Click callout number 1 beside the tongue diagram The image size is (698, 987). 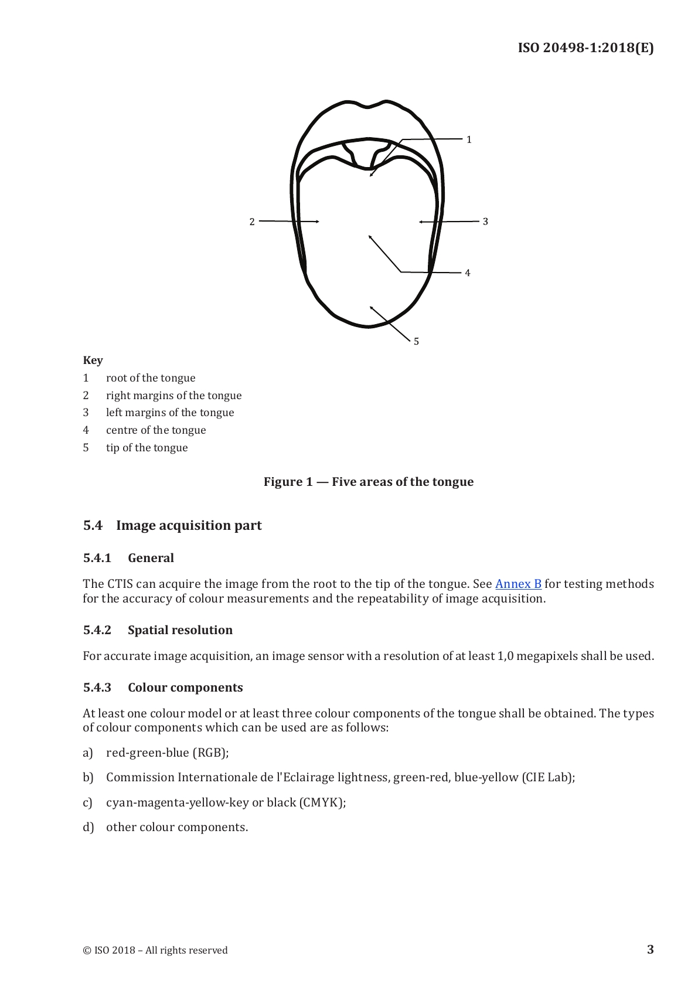click(x=469, y=139)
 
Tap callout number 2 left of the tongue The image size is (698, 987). click(x=252, y=222)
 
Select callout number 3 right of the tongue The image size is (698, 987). click(x=485, y=222)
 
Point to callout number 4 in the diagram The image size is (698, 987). click(x=468, y=273)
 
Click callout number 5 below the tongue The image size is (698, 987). click(x=416, y=342)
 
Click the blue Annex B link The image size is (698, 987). click(x=518, y=584)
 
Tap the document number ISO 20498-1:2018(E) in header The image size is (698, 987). click(x=585, y=48)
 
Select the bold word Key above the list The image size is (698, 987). click(x=93, y=360)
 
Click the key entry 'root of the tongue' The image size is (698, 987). click(x=151, y=378)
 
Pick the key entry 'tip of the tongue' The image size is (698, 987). click(x=147, y=448)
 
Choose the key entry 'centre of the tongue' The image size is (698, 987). click(x=156, y=430)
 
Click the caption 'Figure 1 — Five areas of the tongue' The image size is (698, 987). click(x=368, y=482)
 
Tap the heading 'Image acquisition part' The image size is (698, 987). click(x=189, y=525)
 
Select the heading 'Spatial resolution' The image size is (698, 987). click(x=180, y=630)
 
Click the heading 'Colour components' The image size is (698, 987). click(x=185, y=688)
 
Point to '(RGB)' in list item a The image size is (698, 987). click(x=210, y=753)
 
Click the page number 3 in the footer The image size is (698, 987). click(x=650, y=949)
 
